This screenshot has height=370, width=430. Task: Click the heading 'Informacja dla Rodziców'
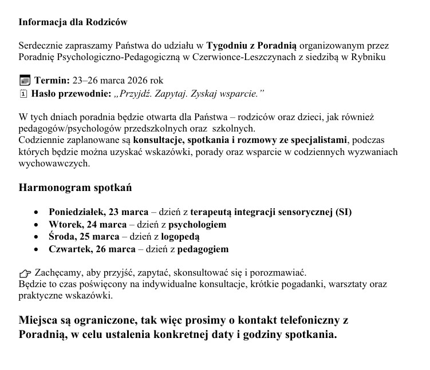click(73, 22)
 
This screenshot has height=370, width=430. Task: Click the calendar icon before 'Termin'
click(24, 80)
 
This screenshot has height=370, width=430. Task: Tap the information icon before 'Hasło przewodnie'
click(23, 93)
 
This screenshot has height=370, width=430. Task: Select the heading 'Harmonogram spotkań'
click(76, 188)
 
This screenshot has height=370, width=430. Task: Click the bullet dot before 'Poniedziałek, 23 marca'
click(37, 212)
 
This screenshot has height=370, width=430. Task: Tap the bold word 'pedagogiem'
click(203, 249)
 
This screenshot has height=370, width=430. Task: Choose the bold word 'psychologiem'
click(196, 224)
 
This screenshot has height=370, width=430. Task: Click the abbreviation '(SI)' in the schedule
click(344, 212)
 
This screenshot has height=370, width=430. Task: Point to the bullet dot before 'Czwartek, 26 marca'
click(37, 249)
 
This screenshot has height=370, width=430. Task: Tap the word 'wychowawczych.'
click(54, 163)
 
